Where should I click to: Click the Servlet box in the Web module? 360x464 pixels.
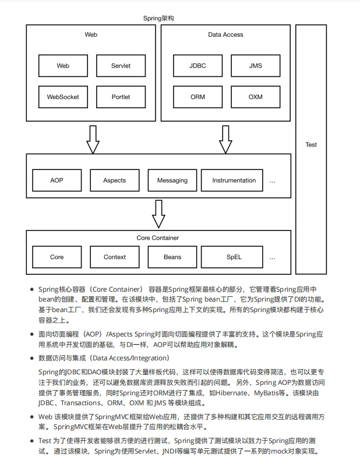(x=121, y=66)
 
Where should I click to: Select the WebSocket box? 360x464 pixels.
(x=63, y=97)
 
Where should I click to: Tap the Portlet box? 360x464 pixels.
(x=121, y=97)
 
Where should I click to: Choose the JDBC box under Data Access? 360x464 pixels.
(x=197, y=66)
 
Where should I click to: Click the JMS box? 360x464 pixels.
(x=255, y=66)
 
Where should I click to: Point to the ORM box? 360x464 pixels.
(x=197, y=97)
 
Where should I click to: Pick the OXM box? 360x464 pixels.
(x=255, y=97)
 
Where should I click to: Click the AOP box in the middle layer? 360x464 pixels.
(x=57, y=180)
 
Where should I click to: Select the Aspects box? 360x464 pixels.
(x=115, y=180)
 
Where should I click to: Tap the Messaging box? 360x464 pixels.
(x=172, y=180)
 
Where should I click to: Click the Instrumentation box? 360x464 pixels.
(x=234, y=180)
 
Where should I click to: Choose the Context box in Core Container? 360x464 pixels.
(x=115, y=257)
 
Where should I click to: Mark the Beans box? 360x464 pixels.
(x=172, y=257)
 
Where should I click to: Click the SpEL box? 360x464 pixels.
(x=234, y=257)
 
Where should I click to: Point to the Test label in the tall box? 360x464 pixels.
(x=311, y=144)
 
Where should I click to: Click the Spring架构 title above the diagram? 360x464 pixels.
(x=158, y=19)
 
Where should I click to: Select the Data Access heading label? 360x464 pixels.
(x=225, y=35)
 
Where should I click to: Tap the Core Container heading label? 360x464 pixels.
(x=158, y=238)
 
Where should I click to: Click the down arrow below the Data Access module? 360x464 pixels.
(x=225, y=139)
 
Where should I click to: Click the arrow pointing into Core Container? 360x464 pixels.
(x=158, y=214)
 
